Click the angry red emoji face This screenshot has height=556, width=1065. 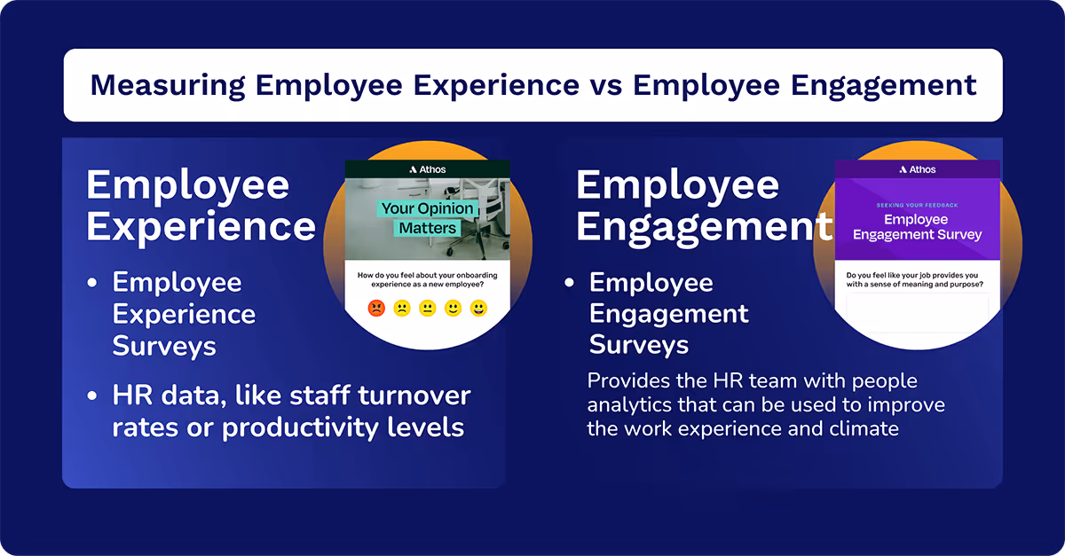click(x=376, y=309)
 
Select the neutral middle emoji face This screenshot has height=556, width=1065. click(x=428, y=309)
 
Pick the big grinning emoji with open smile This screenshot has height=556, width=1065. click(x=479, y=309)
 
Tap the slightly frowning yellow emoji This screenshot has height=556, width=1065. click(x=402, y=309)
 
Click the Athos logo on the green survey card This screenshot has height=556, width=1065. click(x=428, y=169)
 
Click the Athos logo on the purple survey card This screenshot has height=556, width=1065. click(x=917, y=169)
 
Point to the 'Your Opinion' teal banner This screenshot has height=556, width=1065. click(x=428, y=209)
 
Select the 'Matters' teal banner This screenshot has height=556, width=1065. click(x=427, y=229)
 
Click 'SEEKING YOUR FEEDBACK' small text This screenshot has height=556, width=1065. click(x=917, y=205)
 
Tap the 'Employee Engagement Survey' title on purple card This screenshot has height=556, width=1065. click(x=917, y=227)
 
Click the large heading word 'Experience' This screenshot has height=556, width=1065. click(x=201, y=226)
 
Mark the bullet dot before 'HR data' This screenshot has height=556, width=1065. click(x=92, y=395)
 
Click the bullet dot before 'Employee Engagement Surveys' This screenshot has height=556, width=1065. click(x=570, y=284)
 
